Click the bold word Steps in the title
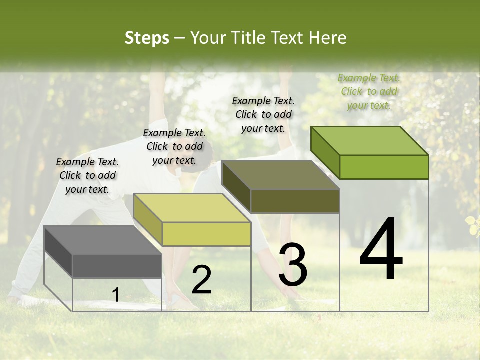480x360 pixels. (147, 38)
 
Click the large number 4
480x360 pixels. (381, 250)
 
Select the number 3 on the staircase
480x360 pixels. (293, 265)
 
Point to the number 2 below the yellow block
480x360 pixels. (201, 280)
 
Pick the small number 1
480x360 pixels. (116, 295)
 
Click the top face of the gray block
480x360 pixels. (102, 240)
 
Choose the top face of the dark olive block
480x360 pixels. (280, 175)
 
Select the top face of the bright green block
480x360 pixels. (369, 141)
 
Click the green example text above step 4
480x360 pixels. (369, 91)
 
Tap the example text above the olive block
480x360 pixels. (263, 114)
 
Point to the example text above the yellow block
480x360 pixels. (174, 146)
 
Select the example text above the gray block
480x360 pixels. (87, 175)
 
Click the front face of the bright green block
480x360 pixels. (384, 167)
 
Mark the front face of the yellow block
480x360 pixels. (206, 234)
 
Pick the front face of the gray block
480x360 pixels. (117, 266)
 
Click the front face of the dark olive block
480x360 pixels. (295, 201)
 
